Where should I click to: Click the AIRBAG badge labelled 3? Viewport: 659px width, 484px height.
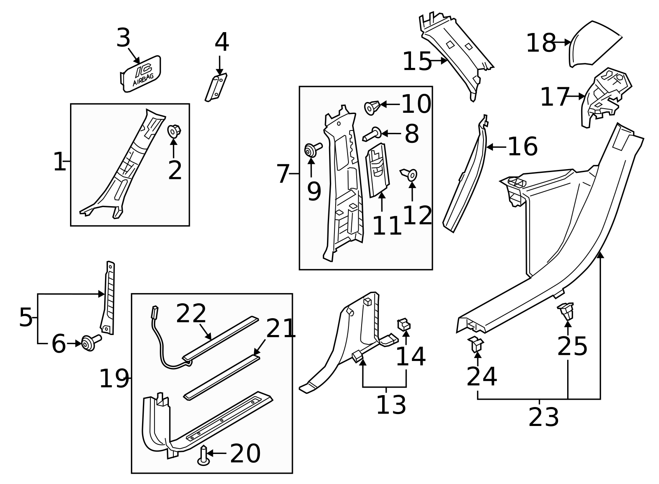point(141,74)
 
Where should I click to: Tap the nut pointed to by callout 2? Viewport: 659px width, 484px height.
point(174,132)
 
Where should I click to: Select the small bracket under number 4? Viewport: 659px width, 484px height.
point(216,87)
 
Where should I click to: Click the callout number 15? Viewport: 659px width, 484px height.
point(417,62)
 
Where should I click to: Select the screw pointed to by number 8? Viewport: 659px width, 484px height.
point(372,134)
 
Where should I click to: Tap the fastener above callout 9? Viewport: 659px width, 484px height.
point(312,150)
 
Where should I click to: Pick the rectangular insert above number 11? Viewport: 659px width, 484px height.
point(378,170)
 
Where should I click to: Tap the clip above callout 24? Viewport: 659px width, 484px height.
point(476,344)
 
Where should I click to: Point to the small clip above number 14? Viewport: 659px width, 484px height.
point(404,325)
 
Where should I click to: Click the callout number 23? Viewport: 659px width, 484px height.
point(543,417)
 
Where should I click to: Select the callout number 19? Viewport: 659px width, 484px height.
point(114,379)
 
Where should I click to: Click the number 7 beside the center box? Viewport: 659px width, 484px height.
point(283,174)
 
